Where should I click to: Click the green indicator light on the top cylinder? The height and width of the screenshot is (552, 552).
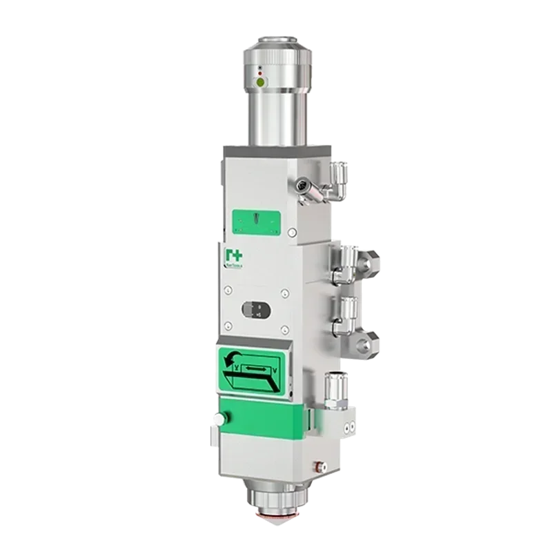tap(260, 82)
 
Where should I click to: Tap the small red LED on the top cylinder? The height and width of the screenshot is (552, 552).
tap(259, 72)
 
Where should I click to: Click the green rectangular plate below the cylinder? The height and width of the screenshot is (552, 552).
tap(257, 220)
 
